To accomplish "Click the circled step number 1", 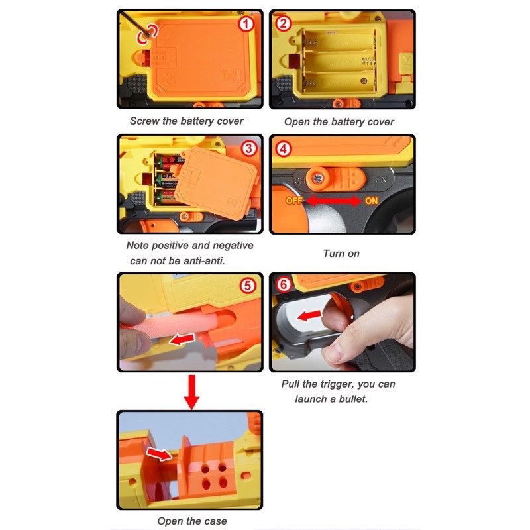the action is [x=246, y=24].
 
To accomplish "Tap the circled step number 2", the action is [x=284, y=24].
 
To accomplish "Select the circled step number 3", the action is [x=249, y=148].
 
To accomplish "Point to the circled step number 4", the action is [x=284, y=149].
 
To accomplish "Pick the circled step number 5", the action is [x=248, y=286].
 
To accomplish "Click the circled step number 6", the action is [x=284, y=284].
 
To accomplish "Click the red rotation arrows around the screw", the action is [x=147, y=34].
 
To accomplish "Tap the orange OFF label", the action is [x=293, y=201].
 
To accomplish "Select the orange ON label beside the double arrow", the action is [x=371, y=201].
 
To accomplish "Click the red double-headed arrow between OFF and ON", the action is [x=333, y=201].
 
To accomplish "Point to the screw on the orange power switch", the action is [x=318, y=178].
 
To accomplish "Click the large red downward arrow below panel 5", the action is [x=191, y=392].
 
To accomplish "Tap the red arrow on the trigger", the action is [x=309, y=316].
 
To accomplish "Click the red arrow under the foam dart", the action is [x=182, y=339].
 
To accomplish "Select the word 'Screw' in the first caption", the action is [x=144, y=121].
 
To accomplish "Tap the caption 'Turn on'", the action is [x=341, y=254].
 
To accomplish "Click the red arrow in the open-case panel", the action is [x=159, y=454].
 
